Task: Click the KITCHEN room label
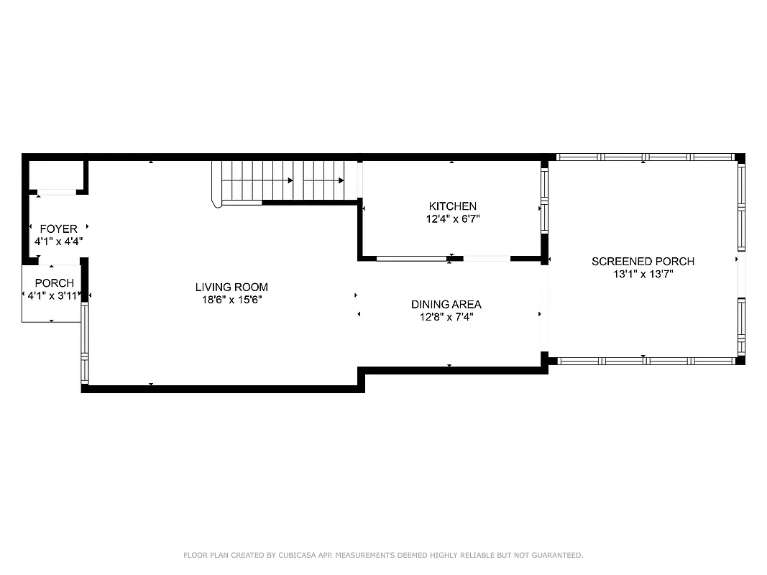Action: click(452, 206)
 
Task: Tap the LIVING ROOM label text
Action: click(231, 287)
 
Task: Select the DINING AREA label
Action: click(446, 305)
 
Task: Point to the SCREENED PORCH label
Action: click(643, 262)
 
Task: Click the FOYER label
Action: click(58, 229)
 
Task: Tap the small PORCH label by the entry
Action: click(54, 283)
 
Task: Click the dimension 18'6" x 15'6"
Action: click(231, 300)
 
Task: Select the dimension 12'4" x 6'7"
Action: click(452, 218)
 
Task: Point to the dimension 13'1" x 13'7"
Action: click(643, 274)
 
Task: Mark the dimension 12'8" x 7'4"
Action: click(446, 317)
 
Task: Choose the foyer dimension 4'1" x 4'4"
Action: click(58, 241)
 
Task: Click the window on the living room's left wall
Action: click(84, 344)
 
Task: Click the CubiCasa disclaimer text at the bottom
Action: click(383, 555)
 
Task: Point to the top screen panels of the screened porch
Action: click(645, 157)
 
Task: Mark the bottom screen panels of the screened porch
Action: click(645, 361)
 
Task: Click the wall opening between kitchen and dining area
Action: click(487, 258)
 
